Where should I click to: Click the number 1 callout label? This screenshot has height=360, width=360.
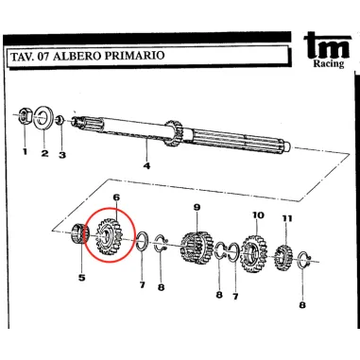click(25, 150)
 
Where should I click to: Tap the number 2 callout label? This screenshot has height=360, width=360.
click(44, 153)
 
